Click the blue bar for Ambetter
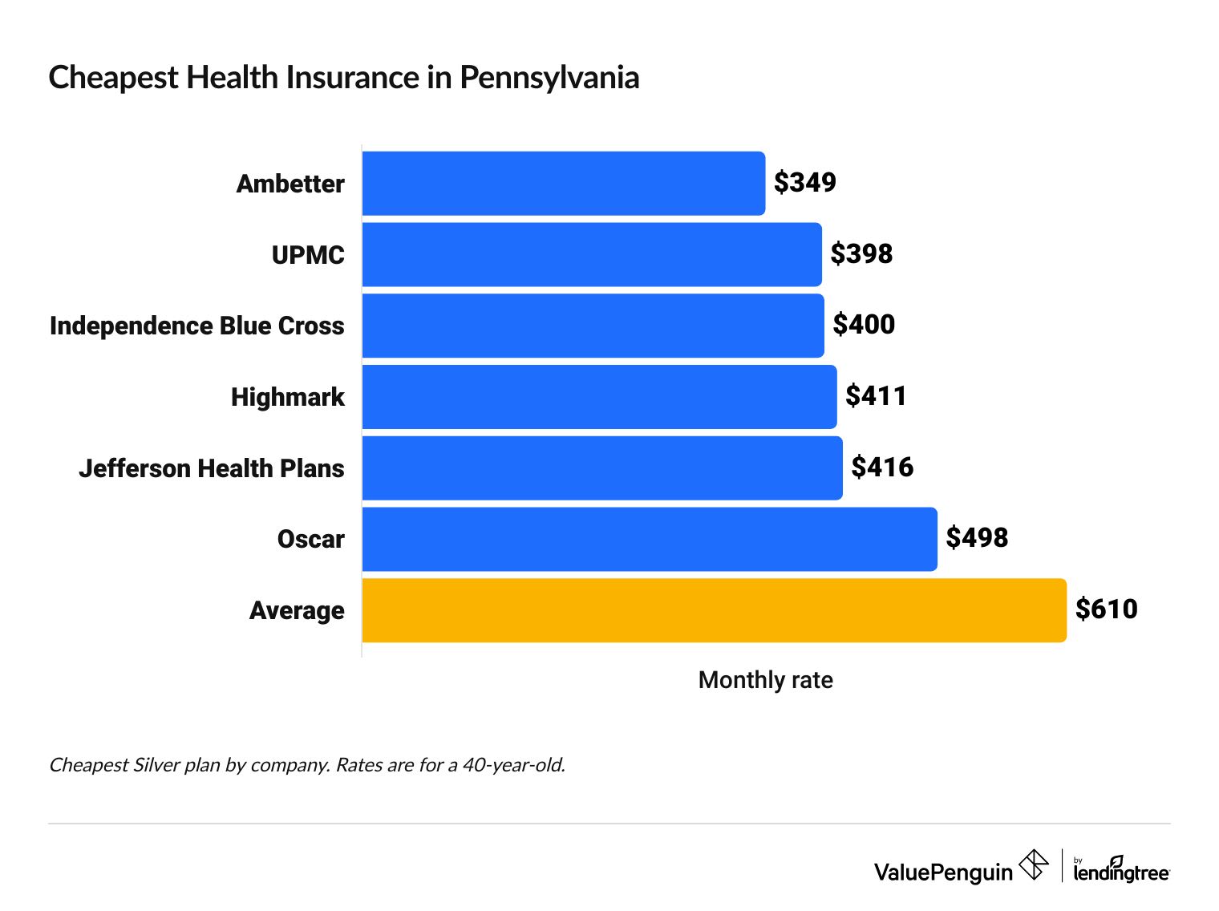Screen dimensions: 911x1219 click(563, 184)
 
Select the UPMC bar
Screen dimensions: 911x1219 click(592, 254)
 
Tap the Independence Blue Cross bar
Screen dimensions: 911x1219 click(593, 326)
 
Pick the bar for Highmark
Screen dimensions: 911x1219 click(599, 397)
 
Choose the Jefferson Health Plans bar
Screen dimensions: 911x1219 click(602, 468)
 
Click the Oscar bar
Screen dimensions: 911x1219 click(650, 539)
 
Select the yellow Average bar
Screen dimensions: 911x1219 click(714, 610)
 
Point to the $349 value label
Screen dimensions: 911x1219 click(804, 183)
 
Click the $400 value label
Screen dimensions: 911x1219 click(864, 325)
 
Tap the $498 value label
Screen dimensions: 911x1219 click(977, 538)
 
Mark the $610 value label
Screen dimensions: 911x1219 click(1106, 609)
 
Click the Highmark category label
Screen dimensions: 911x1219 click(287, 397)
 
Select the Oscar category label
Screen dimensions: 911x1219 click(310, 539)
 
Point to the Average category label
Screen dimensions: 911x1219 click(297, 610)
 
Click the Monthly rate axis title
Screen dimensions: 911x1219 click(765, 680)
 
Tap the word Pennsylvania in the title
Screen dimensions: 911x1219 click(549, 78)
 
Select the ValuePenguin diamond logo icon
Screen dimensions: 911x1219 click(1033, 865)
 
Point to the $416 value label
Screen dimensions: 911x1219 click(882, 468)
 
